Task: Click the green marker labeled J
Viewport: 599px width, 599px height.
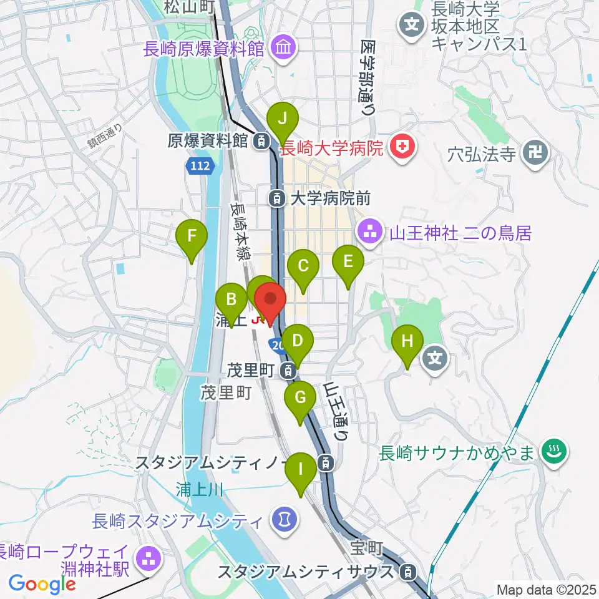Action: pyautogui.click(x=283, y=118)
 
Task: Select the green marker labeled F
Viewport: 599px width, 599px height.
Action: pyautogui.click(x=192, y=236)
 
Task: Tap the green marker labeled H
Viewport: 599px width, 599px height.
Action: pyautogui.click(x=407, y=342)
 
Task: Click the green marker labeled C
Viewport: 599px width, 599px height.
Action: pyautogui.click(x=303, y=266)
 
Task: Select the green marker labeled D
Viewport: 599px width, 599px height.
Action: pyautogui.click(x=298, y=341)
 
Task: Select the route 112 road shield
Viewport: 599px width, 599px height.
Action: pyautogui.click(x=200, y=166)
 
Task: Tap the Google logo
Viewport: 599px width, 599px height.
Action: pyautogui.click(x=42, y=584)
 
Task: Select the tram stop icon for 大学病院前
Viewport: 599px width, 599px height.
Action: pyautogui.click(x=276, y=198)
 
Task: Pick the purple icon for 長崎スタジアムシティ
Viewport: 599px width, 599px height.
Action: pyautogui.click(x=285, y=519)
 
